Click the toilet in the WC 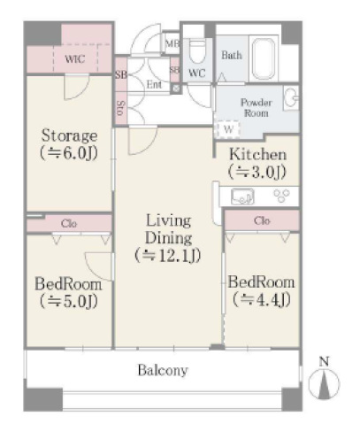(x=197, y=50)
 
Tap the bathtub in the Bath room (x=264, y=58)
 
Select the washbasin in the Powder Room (x=291, y=98)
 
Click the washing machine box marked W (x=228, y=129)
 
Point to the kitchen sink (x=242, y=197)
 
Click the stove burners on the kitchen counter (x=281, y=196)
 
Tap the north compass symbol (x=324, y=382)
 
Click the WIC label (x=75, y=59)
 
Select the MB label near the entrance (x=172, y=43)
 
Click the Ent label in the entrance (x=154, y=85)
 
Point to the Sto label (x=121, y=108)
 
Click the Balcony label (x=163, y=370)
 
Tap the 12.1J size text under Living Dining (x=168, y=256)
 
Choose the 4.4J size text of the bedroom (x=261, y=300)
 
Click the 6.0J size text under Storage (x=69, y=153)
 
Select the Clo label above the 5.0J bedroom (x=69, y=223)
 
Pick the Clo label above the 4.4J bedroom (x=262, y=220)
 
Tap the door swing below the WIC (x=77, y=87)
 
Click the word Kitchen (x=258, y=154)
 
